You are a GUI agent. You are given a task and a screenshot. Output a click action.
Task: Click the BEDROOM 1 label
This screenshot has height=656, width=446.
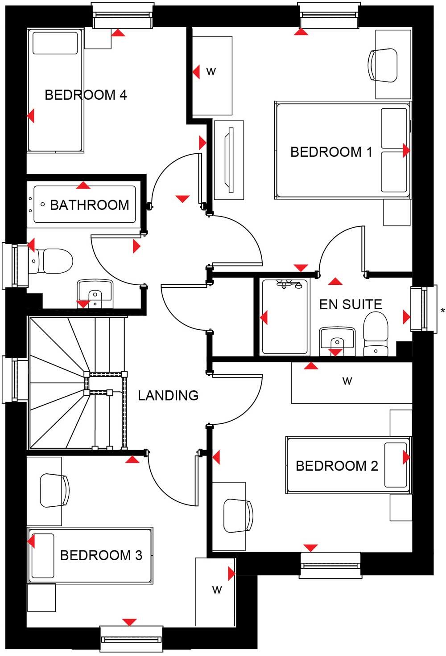click(x=331, y=152)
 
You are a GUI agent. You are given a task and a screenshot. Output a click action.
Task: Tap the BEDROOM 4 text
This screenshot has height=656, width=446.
click(x=86, y=95)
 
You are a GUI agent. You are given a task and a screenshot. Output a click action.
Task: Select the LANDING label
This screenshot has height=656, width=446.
click(x=168, y=395)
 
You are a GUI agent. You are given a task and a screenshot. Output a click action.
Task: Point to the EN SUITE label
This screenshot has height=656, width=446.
click(x=351, y=304)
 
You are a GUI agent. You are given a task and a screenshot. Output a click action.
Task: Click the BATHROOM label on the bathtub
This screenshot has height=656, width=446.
click(x=89, y=205)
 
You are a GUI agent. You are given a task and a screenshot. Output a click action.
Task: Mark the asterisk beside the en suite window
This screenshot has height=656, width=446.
click(x=442, y=311)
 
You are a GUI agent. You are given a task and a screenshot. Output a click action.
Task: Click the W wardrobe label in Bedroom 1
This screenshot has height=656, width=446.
click(x=211, y=71)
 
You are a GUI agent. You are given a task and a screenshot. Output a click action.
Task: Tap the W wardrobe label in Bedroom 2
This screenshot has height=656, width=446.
click(x=347, y=381)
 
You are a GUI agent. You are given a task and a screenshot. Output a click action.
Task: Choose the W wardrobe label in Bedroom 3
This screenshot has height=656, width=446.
click(x=217, y=590)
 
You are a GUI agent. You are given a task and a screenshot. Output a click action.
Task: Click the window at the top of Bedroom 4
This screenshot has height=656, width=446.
click(x=121, y=15)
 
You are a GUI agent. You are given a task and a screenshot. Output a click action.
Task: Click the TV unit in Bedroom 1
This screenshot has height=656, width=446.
click(x=229, y=160)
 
